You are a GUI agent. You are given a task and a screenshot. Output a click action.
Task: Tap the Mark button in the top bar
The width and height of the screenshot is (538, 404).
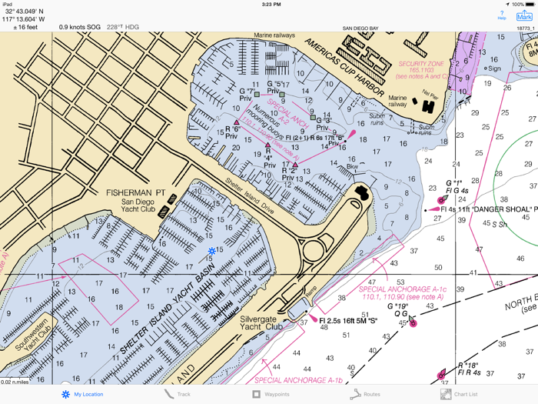[525, 15]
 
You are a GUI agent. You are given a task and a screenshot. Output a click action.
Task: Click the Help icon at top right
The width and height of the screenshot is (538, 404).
[502, 15]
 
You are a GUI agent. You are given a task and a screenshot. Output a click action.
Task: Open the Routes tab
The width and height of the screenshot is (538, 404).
[366, 394]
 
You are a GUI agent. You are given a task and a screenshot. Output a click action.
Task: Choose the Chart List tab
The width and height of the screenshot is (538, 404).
[460, 394]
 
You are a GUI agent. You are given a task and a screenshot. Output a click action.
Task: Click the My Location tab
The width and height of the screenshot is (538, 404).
[82, 394]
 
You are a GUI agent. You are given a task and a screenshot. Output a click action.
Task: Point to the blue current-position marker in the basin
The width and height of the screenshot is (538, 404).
[212, 251]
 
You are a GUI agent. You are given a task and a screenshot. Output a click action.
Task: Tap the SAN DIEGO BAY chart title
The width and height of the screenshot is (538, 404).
[360, 28]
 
